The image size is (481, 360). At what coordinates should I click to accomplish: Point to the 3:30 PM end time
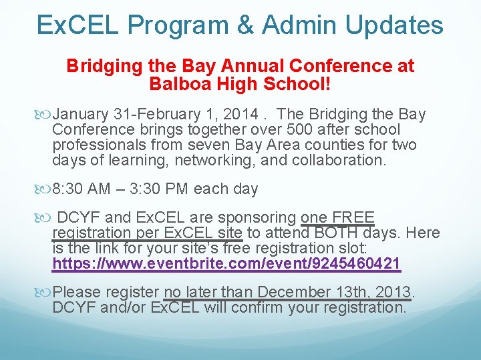[x=166, y=189]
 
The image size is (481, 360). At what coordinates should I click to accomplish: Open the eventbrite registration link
[x=226, y=263]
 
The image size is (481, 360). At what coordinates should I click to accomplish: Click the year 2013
[x=393, y=293]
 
